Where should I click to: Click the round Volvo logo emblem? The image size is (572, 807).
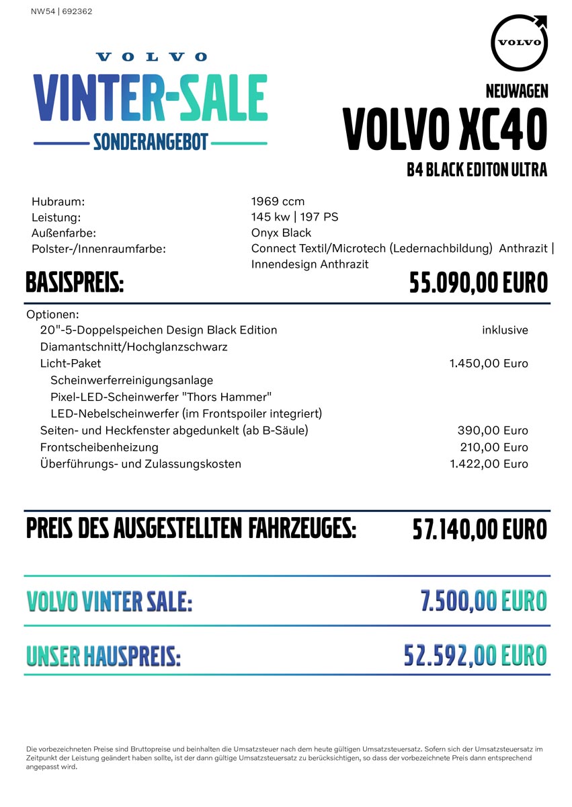pos(520,42)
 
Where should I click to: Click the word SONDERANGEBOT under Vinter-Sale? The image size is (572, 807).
pos(151,142)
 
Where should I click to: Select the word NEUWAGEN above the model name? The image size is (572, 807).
pos(516,91)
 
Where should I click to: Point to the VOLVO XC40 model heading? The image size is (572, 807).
pos(444,129)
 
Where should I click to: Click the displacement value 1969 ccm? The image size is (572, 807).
pos(278,201)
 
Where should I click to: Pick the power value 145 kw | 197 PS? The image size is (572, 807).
pos(294,217)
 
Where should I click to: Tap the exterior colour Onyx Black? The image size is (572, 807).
pos(281,233)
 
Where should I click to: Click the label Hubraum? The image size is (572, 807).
pos(58,201)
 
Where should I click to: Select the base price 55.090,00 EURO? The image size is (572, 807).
pos(479,283)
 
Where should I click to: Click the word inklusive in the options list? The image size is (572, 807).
pos(505,330)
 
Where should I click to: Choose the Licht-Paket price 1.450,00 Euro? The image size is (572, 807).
pos(489,364)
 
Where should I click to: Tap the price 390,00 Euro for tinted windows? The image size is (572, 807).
pos(493,430)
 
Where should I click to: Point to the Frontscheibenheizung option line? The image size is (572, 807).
pos(99,447)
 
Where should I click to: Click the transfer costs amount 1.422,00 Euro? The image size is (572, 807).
pos(489,464)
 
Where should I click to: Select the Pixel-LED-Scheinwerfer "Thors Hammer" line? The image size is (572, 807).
pos(161,397)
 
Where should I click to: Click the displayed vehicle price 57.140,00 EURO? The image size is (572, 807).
pos(479,529)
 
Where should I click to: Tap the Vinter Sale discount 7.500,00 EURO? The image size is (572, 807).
pos(483,601)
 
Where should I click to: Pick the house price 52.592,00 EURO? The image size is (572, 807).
pos(475,655)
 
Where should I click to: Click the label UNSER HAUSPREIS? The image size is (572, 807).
pos(104,656)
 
